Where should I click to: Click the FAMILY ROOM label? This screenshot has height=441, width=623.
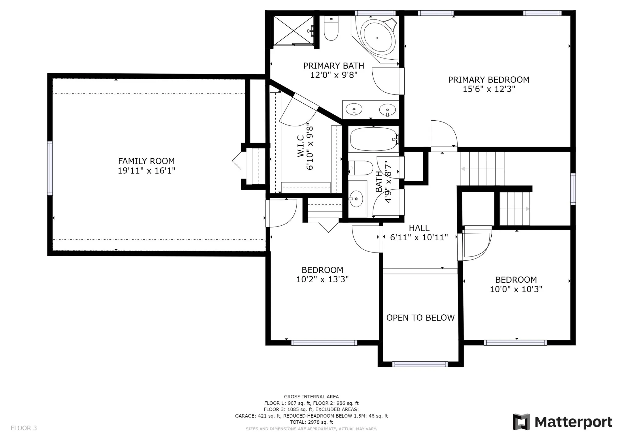146,161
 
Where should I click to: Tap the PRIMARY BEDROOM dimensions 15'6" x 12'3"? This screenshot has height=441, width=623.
489,89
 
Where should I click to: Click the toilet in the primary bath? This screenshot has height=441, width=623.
331,28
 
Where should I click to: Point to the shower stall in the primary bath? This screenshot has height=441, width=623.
293,31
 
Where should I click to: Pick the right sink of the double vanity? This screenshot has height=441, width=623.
387,109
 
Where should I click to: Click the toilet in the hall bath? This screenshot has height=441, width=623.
360,168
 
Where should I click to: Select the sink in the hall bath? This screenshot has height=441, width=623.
356,199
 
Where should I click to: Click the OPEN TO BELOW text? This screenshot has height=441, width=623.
420,318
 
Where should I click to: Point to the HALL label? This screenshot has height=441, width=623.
419,228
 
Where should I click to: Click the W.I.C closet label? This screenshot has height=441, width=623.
301,146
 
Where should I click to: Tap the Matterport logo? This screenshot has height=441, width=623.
562,422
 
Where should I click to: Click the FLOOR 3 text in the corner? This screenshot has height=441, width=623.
24,428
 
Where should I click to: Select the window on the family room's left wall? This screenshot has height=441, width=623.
50,168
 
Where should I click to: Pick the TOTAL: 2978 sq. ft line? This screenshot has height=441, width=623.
311,422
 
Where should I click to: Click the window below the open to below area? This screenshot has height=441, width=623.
420,364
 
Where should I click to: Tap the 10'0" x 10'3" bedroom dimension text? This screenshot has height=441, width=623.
516,289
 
